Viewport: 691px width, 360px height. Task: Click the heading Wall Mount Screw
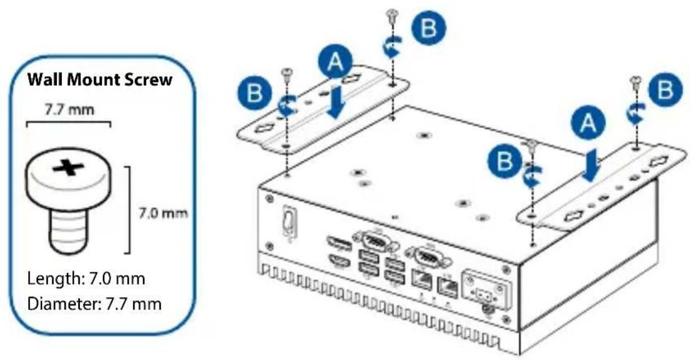click(99, 80)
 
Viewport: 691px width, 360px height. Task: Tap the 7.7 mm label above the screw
click(69, 109)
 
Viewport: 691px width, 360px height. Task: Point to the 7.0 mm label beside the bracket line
click(163, 213)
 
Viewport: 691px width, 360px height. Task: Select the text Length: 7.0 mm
click(86, 278)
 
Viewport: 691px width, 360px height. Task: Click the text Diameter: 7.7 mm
click(95, 304)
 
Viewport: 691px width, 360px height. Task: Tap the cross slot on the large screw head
click(68, 167)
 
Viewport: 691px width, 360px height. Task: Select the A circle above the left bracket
click(336, 62)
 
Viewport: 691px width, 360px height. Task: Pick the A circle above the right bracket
click(589, 123)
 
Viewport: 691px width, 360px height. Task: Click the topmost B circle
click(428, 28)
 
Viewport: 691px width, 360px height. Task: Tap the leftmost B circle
click(254, 93)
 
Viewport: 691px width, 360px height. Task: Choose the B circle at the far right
click(665, 90)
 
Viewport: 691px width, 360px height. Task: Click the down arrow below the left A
click(337, 102)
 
